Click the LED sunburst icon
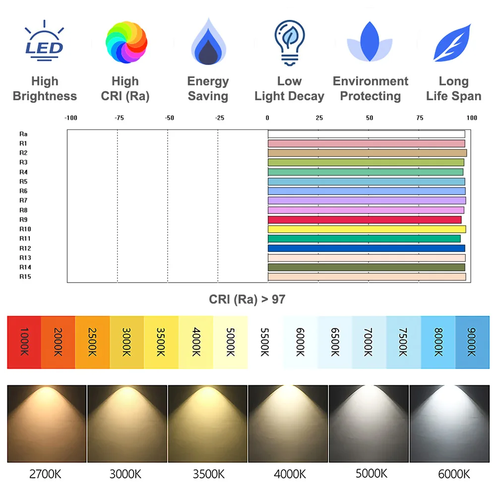tap(45, 42)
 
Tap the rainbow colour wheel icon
tap(126, 43)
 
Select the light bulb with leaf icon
tap(289, 43)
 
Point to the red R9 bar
tap(365, 220)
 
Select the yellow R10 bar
tap(367, 229)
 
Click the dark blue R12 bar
tap(366, 248)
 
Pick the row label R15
tap(25, 277)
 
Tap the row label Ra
tap(23, 134)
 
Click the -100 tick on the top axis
tap(71, 118)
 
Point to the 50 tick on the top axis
tap(370, 118)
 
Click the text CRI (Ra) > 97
tap(247, 299)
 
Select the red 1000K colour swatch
tap(24, 342)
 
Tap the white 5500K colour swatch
tap(265, 342)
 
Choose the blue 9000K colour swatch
tap(472, 342)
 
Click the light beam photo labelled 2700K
tap(47, 424)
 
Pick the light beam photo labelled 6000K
tap(449, 424)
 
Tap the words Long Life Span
tap(453, 89)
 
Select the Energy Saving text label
tap(208, 89)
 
